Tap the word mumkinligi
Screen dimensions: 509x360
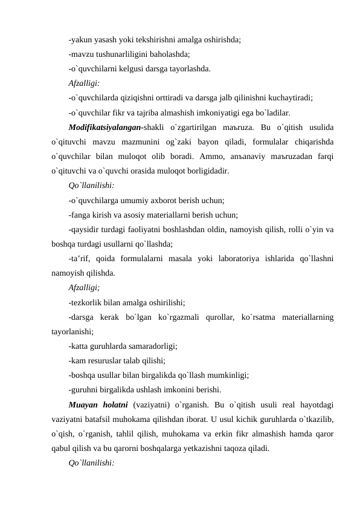(227, 375)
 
